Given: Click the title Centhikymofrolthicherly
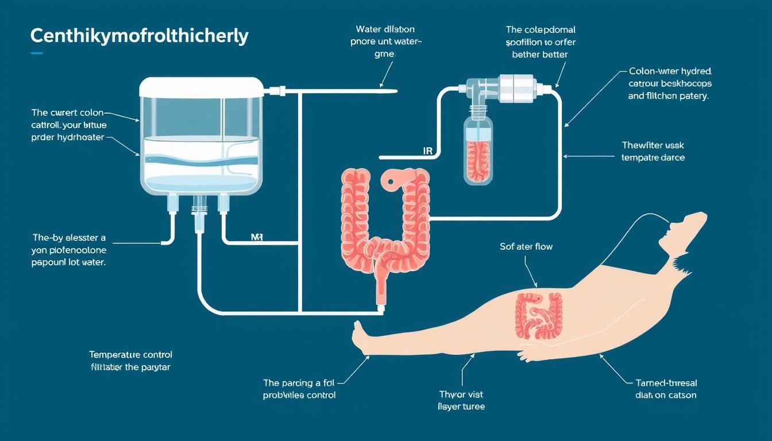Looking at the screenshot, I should [x=139, y=36].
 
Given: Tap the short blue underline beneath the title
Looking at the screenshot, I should [x=37, y=53].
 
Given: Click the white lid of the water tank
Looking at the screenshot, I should [x=201, y=88].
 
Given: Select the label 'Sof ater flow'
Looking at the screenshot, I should [x=526, y=247].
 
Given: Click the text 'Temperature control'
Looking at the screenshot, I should [x=130, y=355].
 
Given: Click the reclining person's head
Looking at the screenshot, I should [x=684, y=230].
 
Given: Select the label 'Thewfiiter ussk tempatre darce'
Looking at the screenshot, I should [x=653, y=151].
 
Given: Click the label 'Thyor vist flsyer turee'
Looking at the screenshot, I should [x=461, y=400].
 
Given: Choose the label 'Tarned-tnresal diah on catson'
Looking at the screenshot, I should [x=666, y=389].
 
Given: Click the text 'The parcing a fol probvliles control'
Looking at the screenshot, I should [x=299, y=389].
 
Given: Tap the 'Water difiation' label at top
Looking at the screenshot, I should [x=385, y=29].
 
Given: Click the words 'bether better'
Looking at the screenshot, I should [x=540, y=55].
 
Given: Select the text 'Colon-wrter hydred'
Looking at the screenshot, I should [x=670, y=72].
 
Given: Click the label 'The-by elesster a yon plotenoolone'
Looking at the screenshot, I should [x=69, y=243].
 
